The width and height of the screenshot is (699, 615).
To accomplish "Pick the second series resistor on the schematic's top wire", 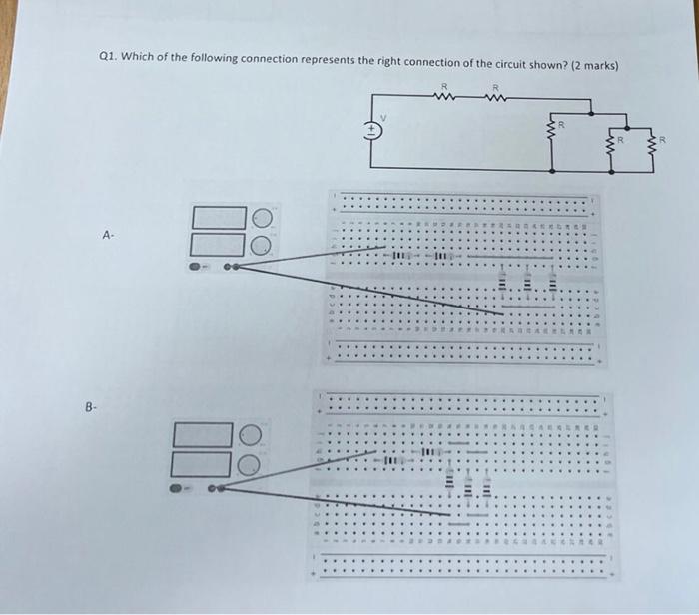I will [x=495, y=97].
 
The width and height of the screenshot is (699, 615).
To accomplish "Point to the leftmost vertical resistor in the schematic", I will [x=549, y=130].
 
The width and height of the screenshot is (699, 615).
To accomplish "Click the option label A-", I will [x=110, y=236].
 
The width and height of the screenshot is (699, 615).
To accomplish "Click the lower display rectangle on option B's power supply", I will [x=204, y=463].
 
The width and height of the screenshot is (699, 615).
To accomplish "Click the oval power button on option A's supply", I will [x=198, y=266].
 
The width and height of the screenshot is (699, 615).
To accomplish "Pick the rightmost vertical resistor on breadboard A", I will [x=549, y=285].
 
